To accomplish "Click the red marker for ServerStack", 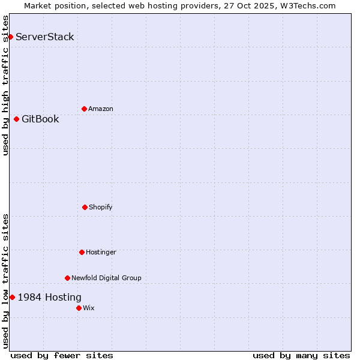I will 10,37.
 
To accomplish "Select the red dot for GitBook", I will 16,119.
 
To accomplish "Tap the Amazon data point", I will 84,109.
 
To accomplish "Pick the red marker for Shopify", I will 85,207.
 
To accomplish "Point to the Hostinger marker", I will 82,252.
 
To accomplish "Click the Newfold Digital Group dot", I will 67,278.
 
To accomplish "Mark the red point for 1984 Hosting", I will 12,297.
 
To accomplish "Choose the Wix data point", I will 79,308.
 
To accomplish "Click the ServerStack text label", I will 45,37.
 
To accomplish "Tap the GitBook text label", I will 40,119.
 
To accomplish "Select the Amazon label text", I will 101,109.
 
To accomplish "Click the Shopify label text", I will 101,207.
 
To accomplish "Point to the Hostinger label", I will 101,252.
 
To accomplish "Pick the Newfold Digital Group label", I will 106,278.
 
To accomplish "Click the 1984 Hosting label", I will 50,297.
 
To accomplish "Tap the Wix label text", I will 89,308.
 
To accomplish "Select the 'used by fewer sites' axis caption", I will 62,355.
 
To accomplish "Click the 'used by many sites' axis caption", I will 301,355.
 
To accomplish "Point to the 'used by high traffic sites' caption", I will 5,85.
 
